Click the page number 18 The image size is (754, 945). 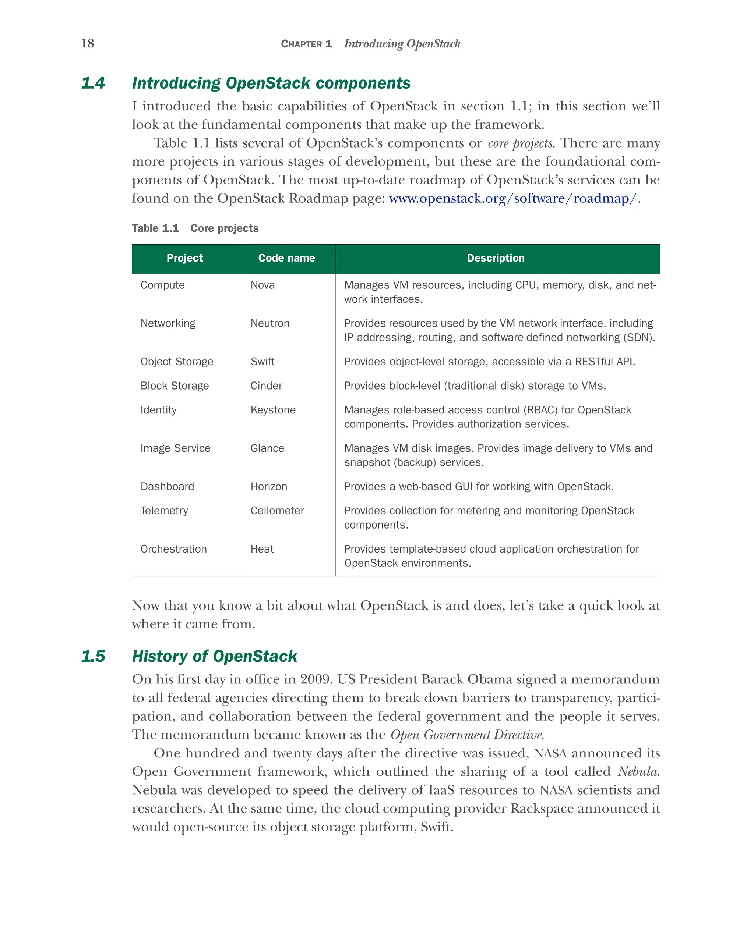(87, 43)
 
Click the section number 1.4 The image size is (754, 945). (93, 83)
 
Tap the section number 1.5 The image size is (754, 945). (93, 656)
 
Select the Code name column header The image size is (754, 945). (286, 258)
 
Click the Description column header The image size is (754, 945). (495, 258)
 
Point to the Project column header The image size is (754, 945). (185, 258)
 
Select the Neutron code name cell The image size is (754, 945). (270, 323)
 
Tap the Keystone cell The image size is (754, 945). (273, 410)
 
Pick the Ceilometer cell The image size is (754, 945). (277, 511)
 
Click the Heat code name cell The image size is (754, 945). (262, 549)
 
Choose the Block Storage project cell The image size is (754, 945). (175, 386)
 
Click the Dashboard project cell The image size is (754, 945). (167, 487)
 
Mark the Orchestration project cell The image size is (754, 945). (173, 549)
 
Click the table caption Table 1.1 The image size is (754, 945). (156, 228)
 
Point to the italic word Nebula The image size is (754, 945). (638, 771)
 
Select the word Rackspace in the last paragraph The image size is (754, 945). (541, 809)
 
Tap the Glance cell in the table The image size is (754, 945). (267, 448)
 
